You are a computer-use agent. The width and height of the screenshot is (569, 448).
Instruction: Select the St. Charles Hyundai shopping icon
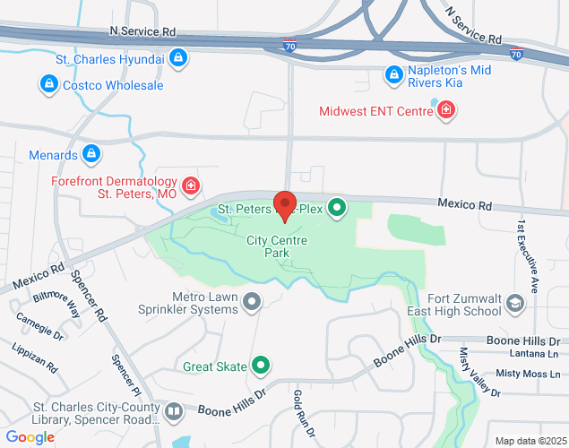click(179, 58)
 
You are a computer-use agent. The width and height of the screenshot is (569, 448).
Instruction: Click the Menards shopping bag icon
click(91, 154)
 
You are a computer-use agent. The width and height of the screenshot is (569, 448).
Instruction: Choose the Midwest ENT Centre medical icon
click(445, 110)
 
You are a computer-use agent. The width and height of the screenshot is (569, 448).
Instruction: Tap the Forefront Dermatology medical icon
click(190, 185)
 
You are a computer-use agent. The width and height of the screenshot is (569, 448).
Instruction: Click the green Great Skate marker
click(261, 365)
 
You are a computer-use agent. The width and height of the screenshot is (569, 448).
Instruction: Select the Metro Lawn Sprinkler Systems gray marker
click(253, 302)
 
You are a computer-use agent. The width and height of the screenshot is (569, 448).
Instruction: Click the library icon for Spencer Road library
click(173, 412)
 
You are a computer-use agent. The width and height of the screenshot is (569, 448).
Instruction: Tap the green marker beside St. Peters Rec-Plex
click(337, 209)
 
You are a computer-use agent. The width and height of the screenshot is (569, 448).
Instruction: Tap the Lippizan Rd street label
click(35, 356)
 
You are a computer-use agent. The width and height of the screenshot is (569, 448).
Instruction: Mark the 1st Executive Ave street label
click(531, 254)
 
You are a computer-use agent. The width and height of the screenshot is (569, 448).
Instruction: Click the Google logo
click(30, 436)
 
